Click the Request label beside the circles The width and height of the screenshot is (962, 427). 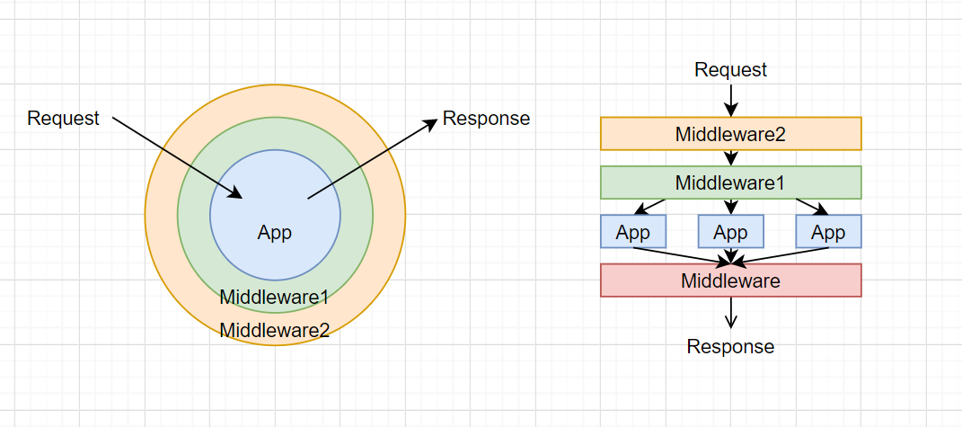[x=63, y=118]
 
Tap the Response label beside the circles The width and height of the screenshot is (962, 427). [x=487, y=118]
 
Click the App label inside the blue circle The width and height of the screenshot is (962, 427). [x=275, y=233]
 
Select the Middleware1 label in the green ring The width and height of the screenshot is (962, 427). [x=275, y=298]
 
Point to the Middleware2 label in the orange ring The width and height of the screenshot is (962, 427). [x=275, y=331]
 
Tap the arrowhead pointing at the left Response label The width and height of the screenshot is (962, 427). [x=432, y=120]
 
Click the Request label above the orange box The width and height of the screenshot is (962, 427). [x=730, y=69]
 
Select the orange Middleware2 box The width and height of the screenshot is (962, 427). [x=730, y=133]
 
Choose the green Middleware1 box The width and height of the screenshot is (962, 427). [x=730, y=182]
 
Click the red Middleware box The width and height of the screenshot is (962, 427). [x=730, y=280]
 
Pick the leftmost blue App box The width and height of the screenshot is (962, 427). [x=632, y=231]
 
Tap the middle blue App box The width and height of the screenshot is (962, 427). [x=730, y=231]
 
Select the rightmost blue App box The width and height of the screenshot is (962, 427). [x=828, y=231]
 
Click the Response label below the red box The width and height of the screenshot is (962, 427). [x=730, y=346]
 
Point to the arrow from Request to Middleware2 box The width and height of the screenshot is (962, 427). [x=730, y=100]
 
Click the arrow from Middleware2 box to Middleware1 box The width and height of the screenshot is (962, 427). [x=730, y=158]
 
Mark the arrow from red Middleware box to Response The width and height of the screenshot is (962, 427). [x=730, y=313]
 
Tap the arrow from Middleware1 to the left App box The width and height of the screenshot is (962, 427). [x=649, y=207]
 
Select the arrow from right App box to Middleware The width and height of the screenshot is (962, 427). [x=781, y=255]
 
